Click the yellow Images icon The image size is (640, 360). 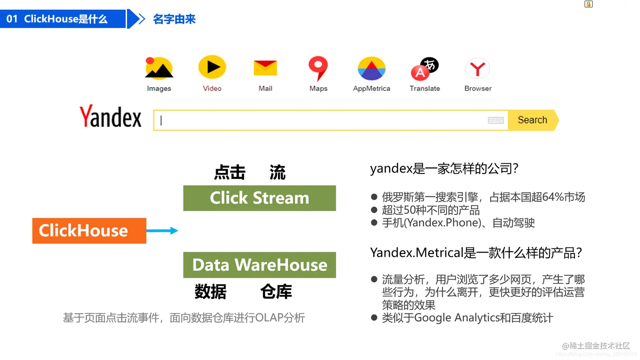tap(159, 68)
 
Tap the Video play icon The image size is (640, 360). tap(212, 67)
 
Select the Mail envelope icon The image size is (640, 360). tap(265, 68)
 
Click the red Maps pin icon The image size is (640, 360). tap(318, 67)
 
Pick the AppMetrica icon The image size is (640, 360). tap(372, 69)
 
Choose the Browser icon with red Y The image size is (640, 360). tap(478, 69)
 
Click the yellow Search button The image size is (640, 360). tap(532, 120)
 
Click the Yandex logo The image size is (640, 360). tap(110, 117)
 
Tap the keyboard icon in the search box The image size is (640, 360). tap(496, 120)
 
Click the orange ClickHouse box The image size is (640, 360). tap(89, 231)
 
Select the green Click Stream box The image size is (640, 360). tap(259, 198)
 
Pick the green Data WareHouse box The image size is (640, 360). tap(259, 265)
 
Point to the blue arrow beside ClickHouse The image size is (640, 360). tap(162, 231)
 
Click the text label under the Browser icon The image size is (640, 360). tap(478, 88)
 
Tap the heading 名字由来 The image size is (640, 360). tap(174, 19)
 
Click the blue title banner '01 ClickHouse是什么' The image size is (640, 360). tap(63, 19)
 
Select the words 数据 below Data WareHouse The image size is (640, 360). tap(210, 291)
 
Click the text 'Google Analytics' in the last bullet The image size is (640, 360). tap(457, 318)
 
